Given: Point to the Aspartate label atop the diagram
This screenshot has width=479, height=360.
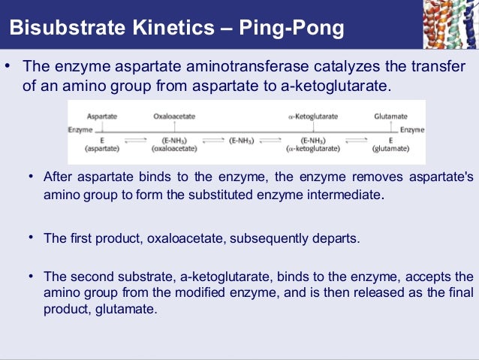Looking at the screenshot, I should point(101,117).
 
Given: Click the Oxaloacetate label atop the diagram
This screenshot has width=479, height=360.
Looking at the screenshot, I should point(173,117).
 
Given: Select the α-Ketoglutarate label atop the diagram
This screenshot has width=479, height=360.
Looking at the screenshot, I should point(313,117).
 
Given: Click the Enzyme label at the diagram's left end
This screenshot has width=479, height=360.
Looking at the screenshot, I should point(80,130).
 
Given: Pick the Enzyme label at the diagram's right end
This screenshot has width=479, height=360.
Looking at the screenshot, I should point(412,130).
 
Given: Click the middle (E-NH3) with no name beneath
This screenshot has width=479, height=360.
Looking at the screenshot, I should point(241,141).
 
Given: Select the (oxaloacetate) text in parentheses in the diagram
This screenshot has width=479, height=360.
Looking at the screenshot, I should point(173,150).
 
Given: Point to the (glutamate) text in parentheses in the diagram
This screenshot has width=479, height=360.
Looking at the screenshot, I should point(390,150).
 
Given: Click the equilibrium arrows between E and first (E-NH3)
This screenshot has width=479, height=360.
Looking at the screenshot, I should point(136,141).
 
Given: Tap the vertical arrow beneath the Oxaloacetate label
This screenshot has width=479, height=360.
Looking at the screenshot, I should point(173,126).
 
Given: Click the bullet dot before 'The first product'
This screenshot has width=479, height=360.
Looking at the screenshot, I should point(32,237).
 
